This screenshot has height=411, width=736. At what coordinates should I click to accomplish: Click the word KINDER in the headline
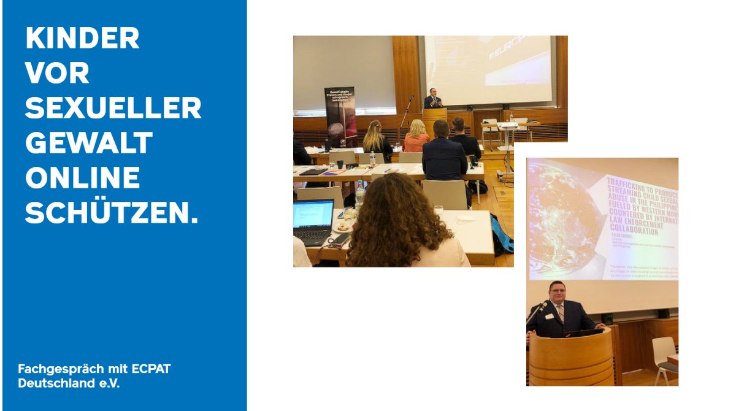click(x=82, y=39)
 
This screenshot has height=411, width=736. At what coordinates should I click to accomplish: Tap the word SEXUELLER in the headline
click(x=113, y=109)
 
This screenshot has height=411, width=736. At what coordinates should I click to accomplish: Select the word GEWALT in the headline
click(x=88, y=144)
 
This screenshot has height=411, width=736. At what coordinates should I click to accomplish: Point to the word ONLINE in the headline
click(x=82, y=179)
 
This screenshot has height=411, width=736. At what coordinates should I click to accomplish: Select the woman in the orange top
click(x=417, y=137)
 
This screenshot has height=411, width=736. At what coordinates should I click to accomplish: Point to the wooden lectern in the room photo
click(x=434, y=120)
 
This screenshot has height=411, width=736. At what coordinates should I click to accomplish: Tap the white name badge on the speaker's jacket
click(x=550, y=317)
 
